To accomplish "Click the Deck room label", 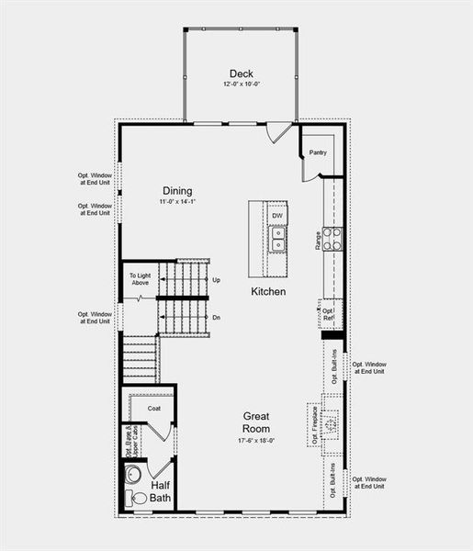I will [x=242, y=73].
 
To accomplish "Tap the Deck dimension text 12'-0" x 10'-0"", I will [x=242, y=84].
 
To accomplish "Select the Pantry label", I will [x=318, y=152].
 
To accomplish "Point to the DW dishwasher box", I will [x=276, y=216].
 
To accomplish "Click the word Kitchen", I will [x=268, y=291].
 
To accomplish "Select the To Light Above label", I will [x=139, y=279].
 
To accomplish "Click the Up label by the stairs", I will [x=216, y=280].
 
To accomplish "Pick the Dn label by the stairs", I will [x=216, y=317].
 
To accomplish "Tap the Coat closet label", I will [x=154, y=408].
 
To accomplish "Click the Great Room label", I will [x=256, y=422].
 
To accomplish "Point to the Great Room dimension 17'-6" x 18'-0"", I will [x=256, y=441].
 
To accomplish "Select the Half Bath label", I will [x=160, y=491].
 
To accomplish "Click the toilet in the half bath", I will [x=138, y=497].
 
